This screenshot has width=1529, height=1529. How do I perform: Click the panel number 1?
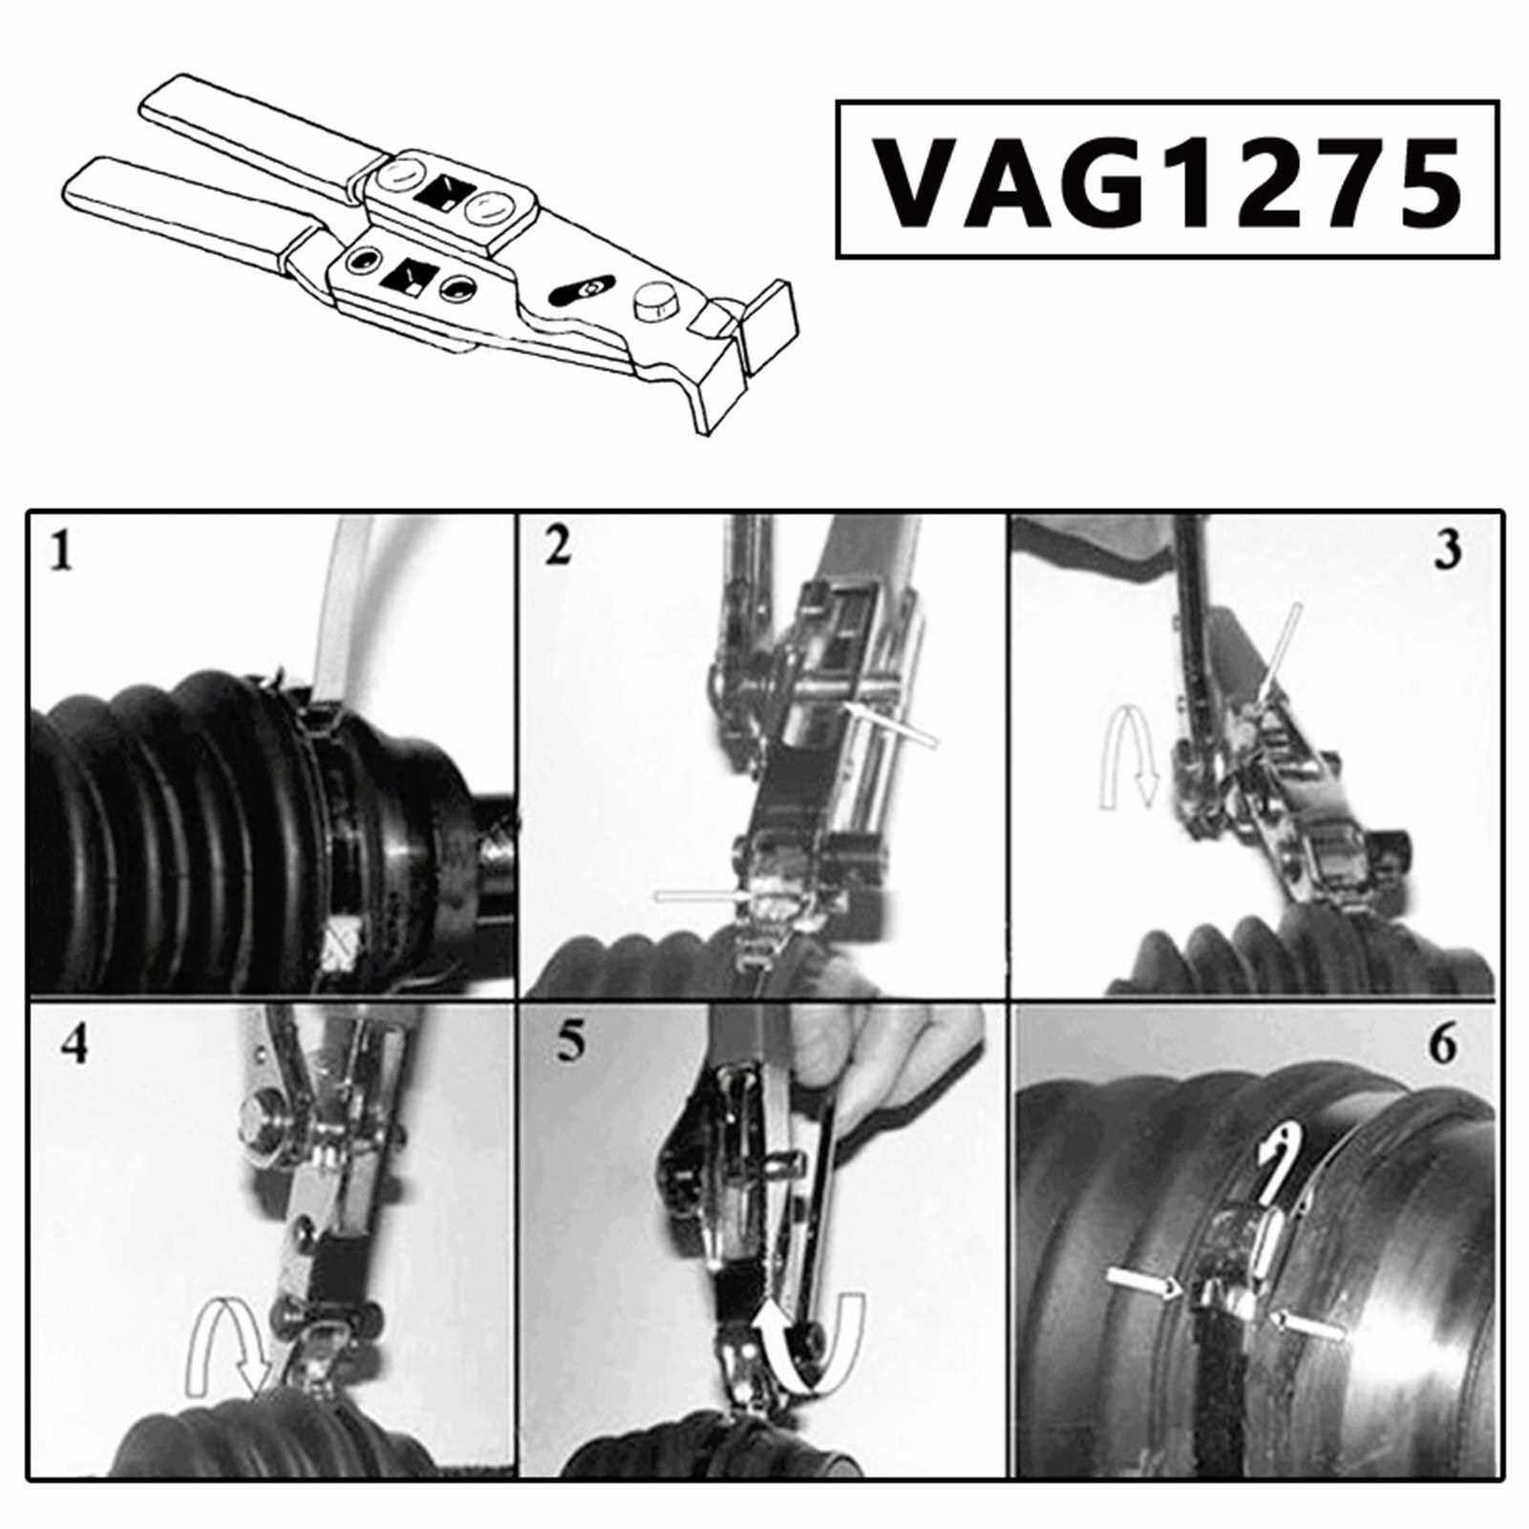click(x=62, y=551)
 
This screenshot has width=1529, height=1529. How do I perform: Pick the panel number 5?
click(x=569, y=1043)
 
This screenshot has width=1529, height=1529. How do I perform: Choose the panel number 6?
click(x=1443, y=1045)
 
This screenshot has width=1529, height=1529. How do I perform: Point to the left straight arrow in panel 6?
click(x=1145, y=1285)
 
